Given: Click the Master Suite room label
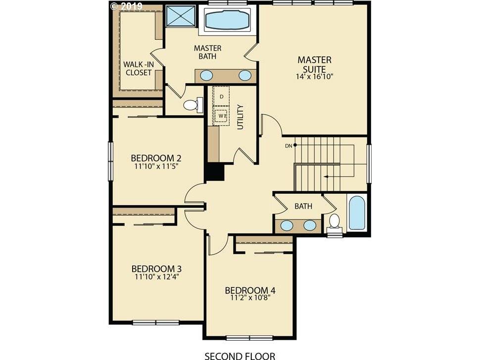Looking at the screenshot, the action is tap(314, 64).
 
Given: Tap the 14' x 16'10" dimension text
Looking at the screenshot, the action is tap(314, 77).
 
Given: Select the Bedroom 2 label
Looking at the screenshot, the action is tap(156, 158).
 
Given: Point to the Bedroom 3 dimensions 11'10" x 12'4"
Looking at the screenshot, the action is tap(157, 277).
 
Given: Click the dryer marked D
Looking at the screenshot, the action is tap(221, 96).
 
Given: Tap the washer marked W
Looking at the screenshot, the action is tap(221, 116).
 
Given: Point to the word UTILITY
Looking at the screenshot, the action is tap(240, 117).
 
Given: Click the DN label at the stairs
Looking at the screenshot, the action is tap(288, 146).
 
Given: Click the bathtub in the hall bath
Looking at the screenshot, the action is tap(357, 213).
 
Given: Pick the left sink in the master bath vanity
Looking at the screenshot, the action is tap(207, 75).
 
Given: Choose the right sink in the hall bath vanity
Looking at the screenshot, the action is tap(310, 225).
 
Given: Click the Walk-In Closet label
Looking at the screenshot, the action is tap(139, 69).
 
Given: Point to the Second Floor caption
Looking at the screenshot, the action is tap(240, 356).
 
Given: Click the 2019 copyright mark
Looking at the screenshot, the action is tap(126, 6).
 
